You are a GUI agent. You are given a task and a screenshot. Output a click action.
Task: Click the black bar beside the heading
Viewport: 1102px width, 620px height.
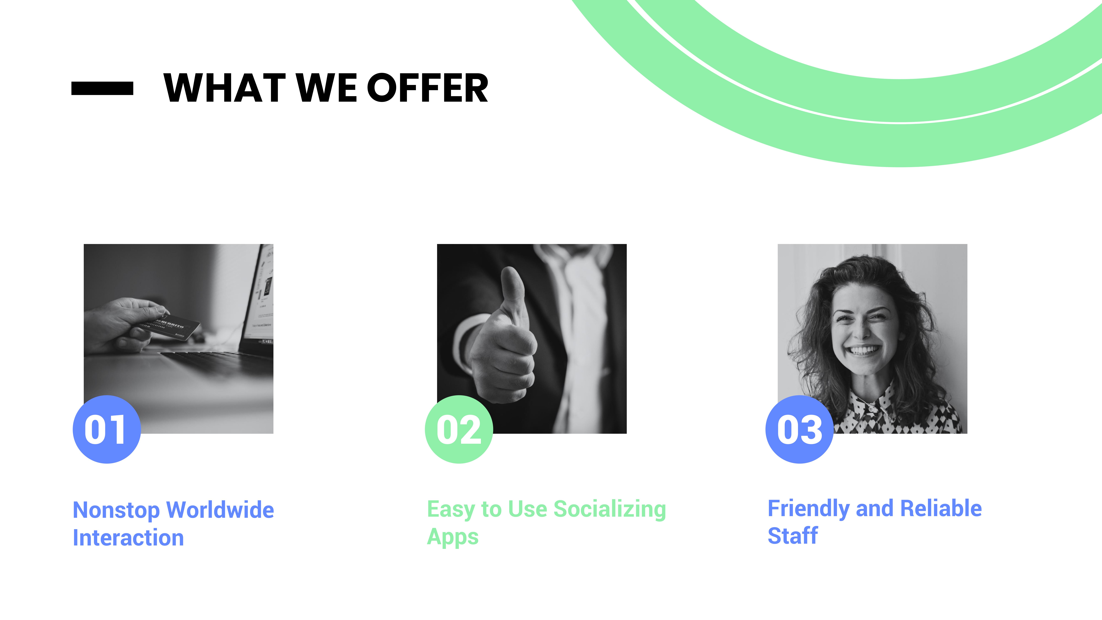[102, 88]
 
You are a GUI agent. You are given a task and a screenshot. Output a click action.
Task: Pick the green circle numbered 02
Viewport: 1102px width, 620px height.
[459, 429]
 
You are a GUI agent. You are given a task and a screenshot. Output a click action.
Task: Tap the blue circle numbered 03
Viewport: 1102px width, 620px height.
[800, 429]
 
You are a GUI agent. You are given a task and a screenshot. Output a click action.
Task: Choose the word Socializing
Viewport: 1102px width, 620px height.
[610, 510]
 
